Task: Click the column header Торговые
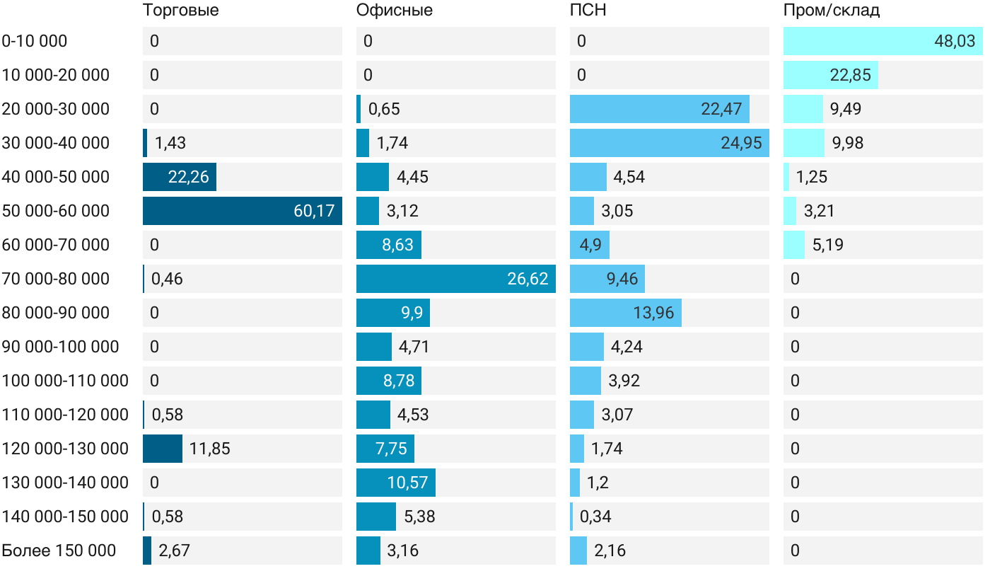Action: tap(180, 10)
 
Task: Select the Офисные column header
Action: tap(394, 10)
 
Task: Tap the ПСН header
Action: tap(588, 10)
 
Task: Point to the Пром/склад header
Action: tap(831, 10)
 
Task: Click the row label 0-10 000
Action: tap(35, 41)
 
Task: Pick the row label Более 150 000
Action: tap(59, 551)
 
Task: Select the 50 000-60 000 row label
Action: tap(56, 211)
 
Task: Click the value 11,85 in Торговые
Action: tap(210, 449)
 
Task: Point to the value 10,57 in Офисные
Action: tap(408, 483)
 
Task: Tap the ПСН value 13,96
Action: tap(653, 313)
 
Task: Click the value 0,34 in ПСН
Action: tap(595, 517)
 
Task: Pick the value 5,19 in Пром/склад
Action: tap(828, 245)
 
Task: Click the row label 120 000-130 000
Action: tap(65, 449)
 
